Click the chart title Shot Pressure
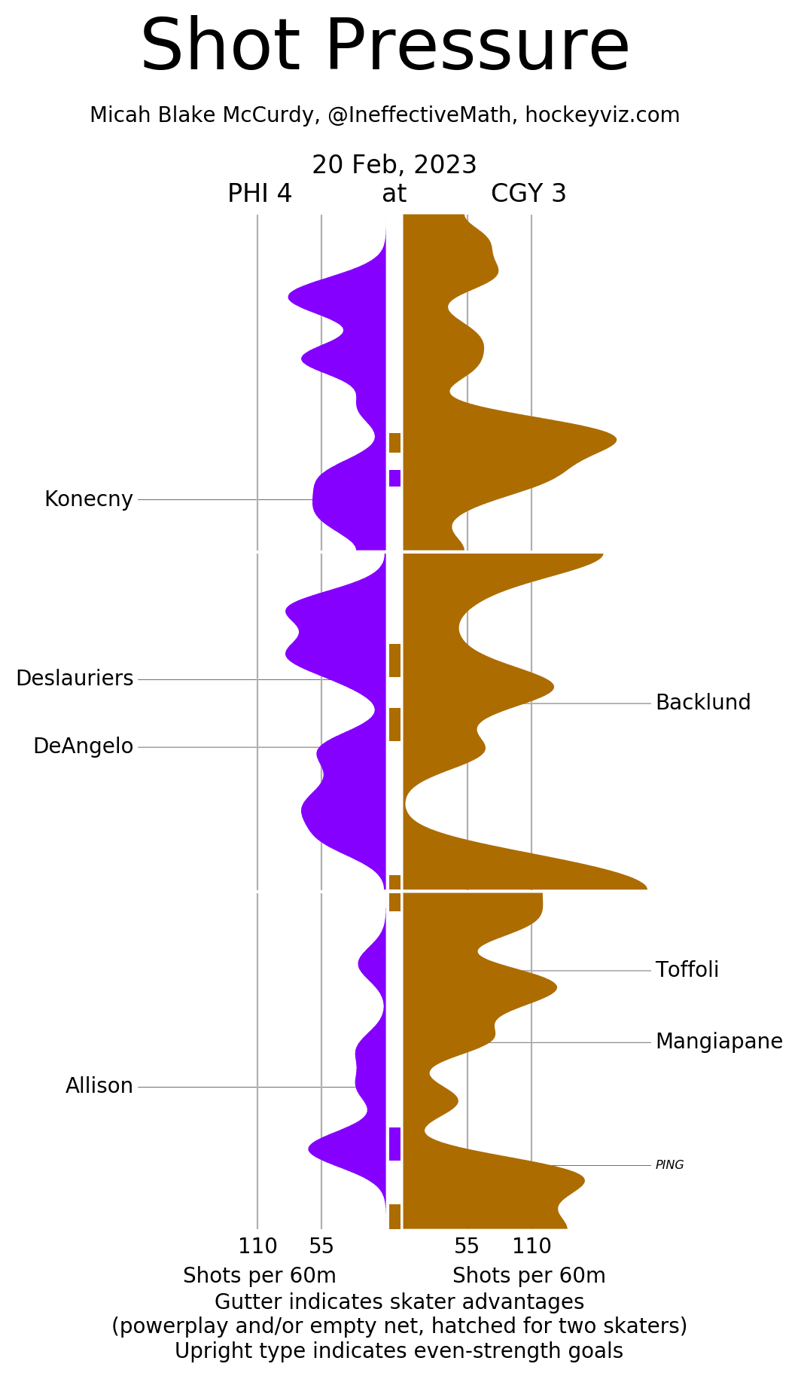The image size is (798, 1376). click(385, 47)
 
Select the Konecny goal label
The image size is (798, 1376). click(89, 499)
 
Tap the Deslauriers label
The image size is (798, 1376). click(75, 679)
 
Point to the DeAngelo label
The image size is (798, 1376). click(83, 746)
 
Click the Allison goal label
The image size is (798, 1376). click(99, 1086)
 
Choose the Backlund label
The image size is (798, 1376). click(703, 703)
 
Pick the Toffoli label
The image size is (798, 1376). click(687, 970)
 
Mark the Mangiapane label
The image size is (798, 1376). click(719, 1042)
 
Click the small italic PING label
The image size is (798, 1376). click(669, 1165)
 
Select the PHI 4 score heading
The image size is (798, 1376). click(260, 194)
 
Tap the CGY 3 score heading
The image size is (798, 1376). click(528, 194)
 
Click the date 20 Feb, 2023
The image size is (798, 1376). click(394, 165)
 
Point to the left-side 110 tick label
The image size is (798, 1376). click(257, 1246)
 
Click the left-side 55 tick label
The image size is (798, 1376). click(321, 1246)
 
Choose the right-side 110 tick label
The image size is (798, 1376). click(531, 1246)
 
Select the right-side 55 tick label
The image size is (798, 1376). click(467, 1246)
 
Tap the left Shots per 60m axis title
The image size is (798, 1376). click(260, 1276)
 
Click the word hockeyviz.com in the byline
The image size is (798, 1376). click(602, 115)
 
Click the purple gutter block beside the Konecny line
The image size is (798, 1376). click(394, 478)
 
